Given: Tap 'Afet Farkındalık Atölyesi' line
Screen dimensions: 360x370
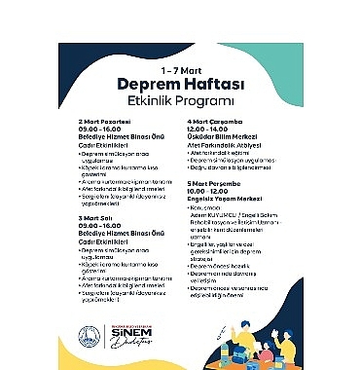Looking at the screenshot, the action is click(218, 144).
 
